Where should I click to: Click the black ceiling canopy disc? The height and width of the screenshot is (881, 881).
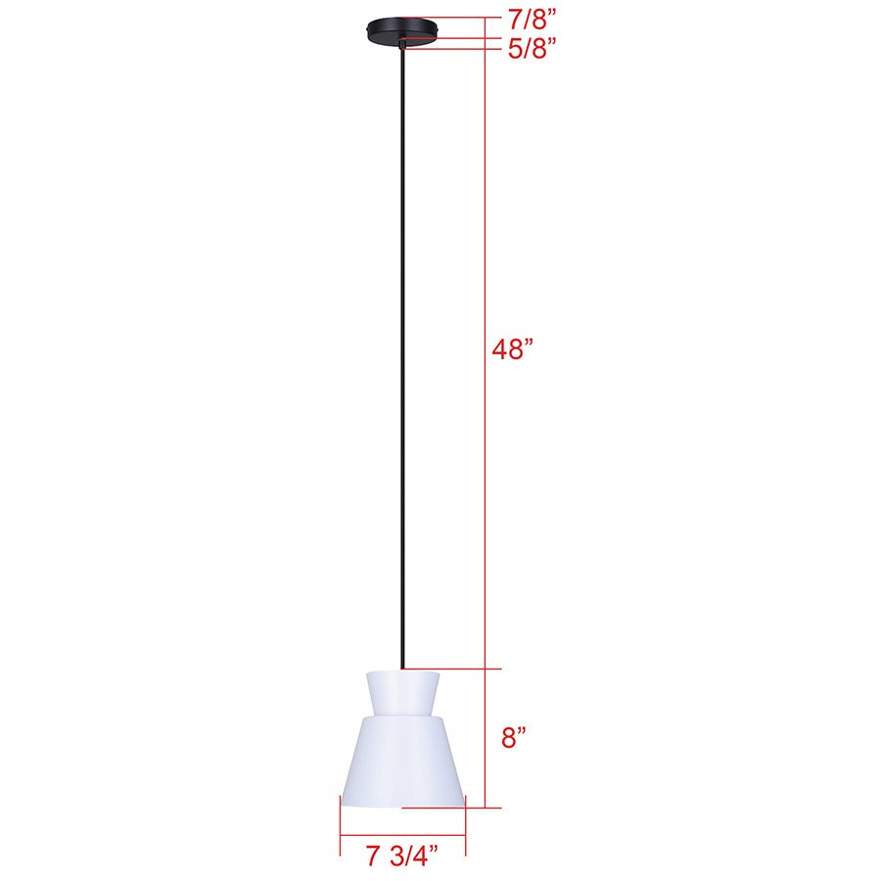click(x=401, y=27)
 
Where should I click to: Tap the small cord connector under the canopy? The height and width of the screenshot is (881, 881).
click(x=401, y=43)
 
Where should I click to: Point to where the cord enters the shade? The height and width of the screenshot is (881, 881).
click(x=401, y=671)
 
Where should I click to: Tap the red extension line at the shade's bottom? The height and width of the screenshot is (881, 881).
click(x=460, y=808)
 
